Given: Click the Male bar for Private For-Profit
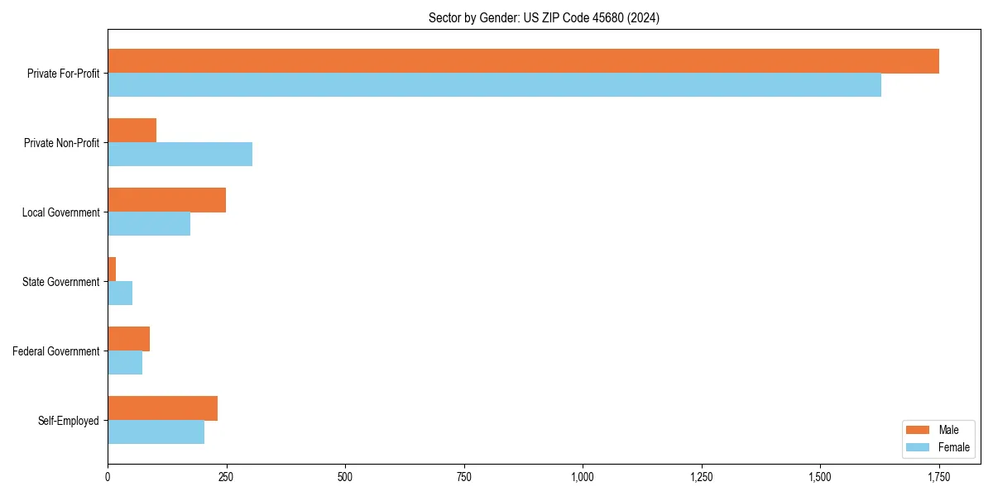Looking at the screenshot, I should pyautogui.click(x=523, y=61).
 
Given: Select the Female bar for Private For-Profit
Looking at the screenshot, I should pyautogui.click(x=494, y=85).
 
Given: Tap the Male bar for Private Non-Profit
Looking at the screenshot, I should pyautogui.click(x=132, y=131).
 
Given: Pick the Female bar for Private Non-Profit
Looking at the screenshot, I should pyautogui.click(x=180, y=155).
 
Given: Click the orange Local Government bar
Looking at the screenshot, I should pyautogui.click(x=166, y=200).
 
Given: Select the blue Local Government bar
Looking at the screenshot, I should pyautogui.click(x=149, y=224).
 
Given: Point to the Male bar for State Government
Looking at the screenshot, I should pyautogui.click(x=112, y=269).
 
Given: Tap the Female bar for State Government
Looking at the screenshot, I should pyautogui.click(x=120, y=293).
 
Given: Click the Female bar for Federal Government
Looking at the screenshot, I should pyautogui.click(x=125, y=363).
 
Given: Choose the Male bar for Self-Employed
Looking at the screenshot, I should pyautogui.click(x=162, y=408).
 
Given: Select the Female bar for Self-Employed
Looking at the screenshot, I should pyautogui.click(x=156, y=432).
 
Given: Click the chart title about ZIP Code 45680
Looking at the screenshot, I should pyautogui.click(x=544, y=17).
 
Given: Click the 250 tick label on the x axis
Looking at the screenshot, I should pyautogui.click(x=226, y=477).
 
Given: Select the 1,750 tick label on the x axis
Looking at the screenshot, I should pyautogui.click(x=938, y=477).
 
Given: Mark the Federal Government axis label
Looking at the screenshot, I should pyautogui.click(x=56, y=351).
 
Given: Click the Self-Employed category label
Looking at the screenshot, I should pyautogui.click(x=69, y=421).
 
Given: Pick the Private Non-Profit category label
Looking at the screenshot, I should pyautogui.click(x=63, y=143).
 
